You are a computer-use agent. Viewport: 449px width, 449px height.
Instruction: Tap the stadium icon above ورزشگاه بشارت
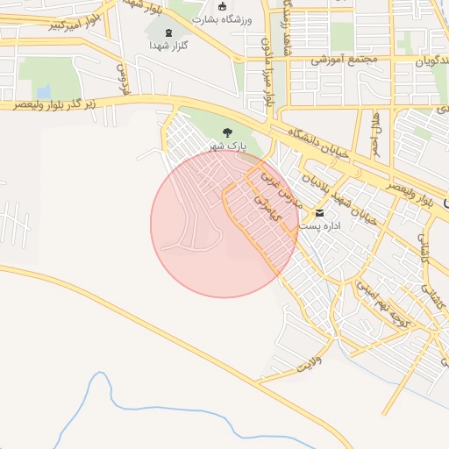[222, 6]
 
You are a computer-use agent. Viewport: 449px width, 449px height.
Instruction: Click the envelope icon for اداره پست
[318, 213]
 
